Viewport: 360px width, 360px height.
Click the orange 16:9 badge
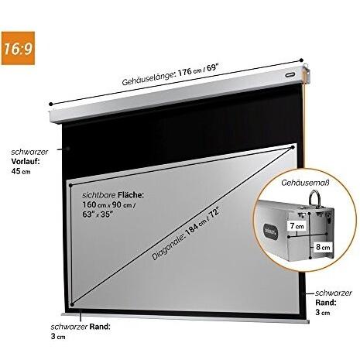pos(18,48)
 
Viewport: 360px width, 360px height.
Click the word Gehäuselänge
pos(149,78)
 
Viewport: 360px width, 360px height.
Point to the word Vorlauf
pos(26,161)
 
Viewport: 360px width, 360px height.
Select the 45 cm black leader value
pos(21,171)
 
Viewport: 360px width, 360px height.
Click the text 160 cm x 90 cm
pos(108,205)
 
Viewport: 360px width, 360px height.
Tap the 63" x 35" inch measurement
pos(98,214)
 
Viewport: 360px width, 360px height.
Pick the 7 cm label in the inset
pos(297,226)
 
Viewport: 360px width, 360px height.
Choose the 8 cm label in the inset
pos(323,247)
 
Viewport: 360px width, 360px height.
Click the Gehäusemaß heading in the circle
pos(306,183)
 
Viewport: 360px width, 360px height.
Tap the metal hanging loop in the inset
pos(314,197)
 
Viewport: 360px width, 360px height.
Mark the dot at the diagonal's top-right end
pos(293,147)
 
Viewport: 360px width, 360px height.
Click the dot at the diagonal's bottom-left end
pos(72,305)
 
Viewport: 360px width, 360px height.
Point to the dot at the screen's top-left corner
pos(70,185)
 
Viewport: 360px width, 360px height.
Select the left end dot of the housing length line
pos(51,104)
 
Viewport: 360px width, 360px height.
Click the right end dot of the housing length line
pos(301,60)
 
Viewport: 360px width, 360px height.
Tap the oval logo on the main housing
pos(290,74)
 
